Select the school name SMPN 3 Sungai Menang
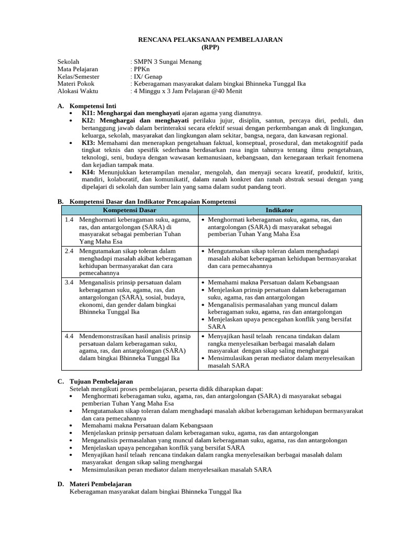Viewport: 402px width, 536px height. click(167, 62)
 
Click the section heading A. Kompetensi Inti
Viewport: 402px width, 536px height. click(88, 106)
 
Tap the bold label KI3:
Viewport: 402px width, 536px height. click(88, 142)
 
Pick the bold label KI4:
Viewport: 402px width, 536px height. click(88, 172)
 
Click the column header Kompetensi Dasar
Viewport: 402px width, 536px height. click(129, 210)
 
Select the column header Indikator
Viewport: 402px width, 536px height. click(280, 210)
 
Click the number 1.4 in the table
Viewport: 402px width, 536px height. click(69, 220)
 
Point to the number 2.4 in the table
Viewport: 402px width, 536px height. click(69, 251)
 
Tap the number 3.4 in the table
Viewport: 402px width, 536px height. click(69, 282)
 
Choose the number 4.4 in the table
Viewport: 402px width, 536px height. click(69, 336)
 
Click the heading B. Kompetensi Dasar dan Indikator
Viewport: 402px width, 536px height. click(147, 202)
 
